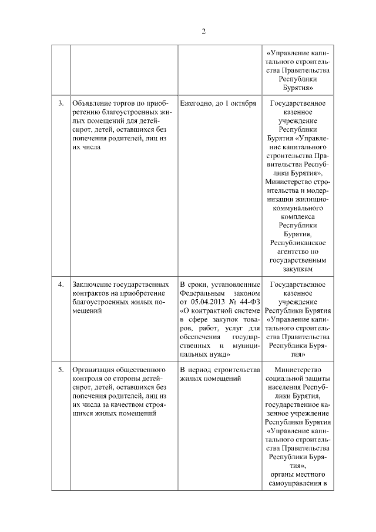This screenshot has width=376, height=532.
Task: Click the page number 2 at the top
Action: pos(203,31)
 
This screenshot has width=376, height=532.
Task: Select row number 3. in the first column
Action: pos(61,103)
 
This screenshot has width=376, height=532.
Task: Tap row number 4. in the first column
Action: pos(61,285)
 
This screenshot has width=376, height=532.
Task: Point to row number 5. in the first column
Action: pos(61,370)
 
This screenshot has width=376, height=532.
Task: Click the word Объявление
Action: pos(92,103)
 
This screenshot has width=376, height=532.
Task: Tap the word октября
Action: pos(242,103)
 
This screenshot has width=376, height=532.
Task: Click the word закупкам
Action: pos(297,268)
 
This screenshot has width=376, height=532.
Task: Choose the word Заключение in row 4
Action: pos(92,285)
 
